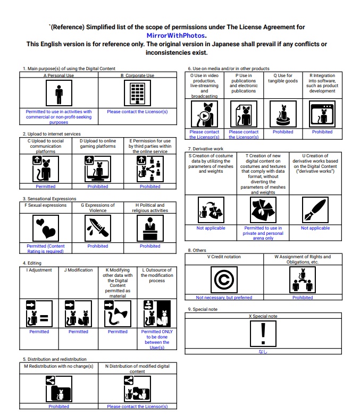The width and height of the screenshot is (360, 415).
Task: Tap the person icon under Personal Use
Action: [59, 95]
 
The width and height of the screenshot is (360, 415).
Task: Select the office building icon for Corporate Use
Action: [137, 95]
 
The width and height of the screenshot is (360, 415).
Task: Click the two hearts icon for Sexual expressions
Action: [46, 229]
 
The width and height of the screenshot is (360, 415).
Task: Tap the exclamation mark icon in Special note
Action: [263, 334]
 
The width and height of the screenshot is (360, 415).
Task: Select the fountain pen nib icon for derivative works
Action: [315, 210]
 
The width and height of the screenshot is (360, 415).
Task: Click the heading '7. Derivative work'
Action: [206, 149]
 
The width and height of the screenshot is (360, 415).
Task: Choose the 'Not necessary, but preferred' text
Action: [224, 298]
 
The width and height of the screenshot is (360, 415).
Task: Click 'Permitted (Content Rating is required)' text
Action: [46, 249]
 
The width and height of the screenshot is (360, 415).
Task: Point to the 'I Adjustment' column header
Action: [39, 270]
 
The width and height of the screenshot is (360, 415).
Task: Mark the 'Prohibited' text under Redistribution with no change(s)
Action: [59, 406]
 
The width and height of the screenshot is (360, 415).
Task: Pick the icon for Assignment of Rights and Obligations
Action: [303, 280]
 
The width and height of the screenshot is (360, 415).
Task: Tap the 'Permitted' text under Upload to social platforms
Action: [46, 187]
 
